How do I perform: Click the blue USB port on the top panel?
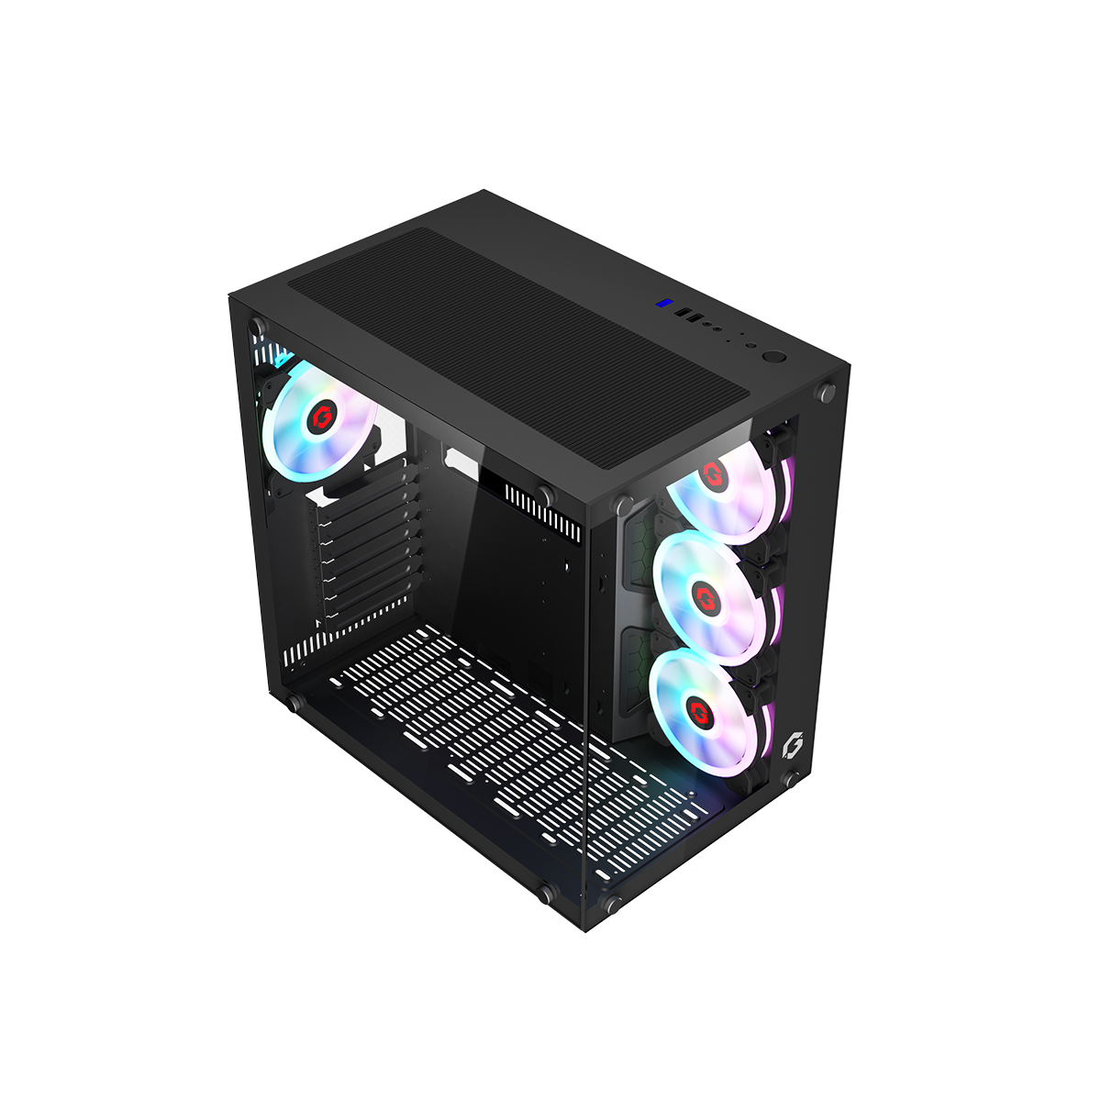[x=661, y=304]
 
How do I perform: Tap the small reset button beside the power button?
[x=751, y=348]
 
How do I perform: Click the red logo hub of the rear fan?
[x=322, y=418]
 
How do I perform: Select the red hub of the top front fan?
[x=713, y=475]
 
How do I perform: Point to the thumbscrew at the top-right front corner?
[x=828, y=392]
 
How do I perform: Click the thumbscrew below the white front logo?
[x=789, y=781]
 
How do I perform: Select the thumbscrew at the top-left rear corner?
[x=257, y=326]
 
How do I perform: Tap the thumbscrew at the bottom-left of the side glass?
[x=295, y=703]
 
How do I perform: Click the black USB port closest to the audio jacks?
[x=695, y=319]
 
